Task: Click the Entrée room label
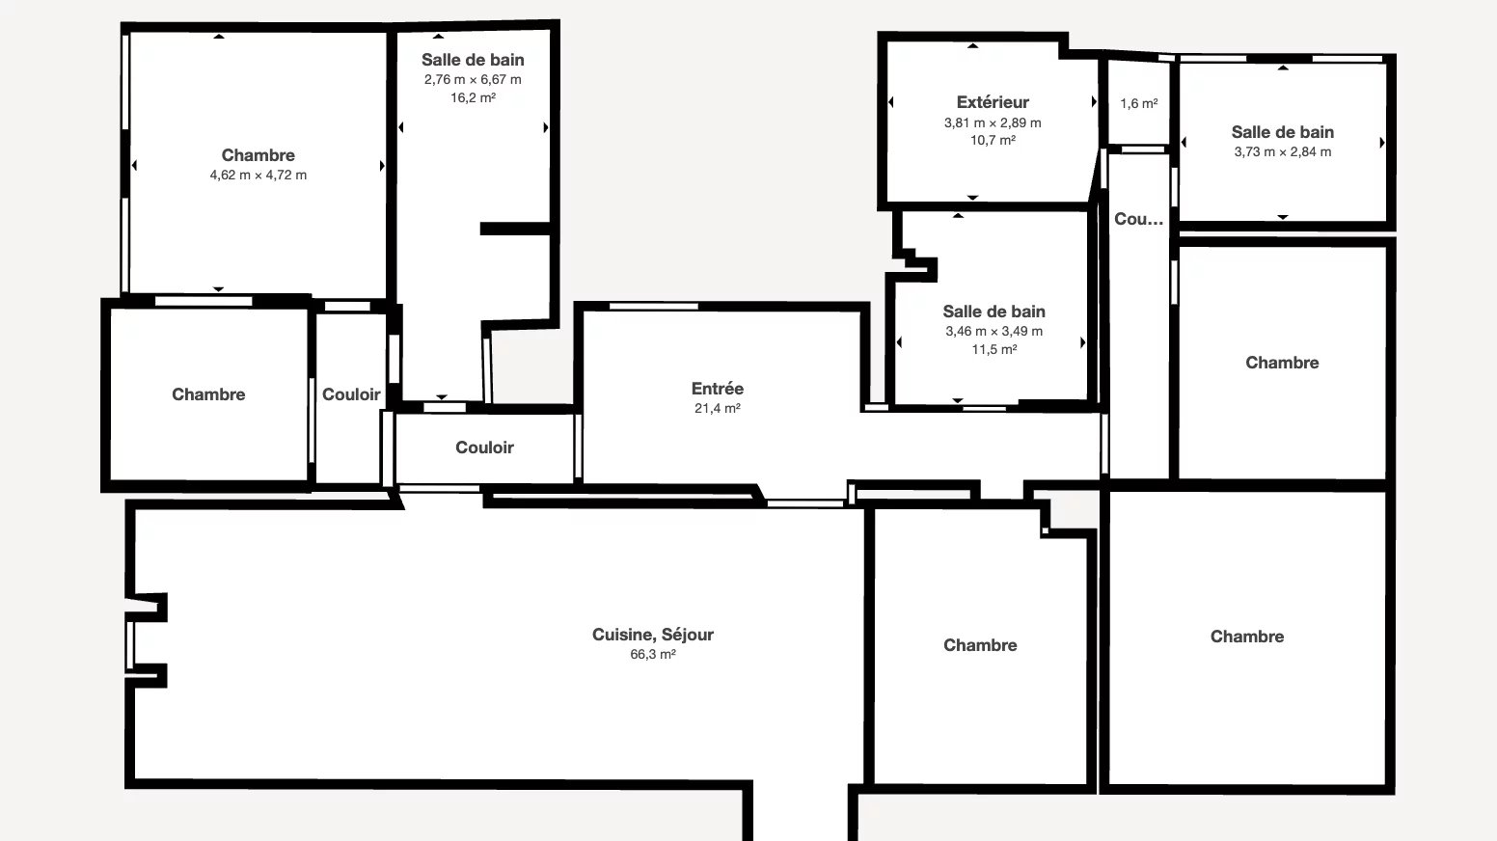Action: click(x=717, y=389)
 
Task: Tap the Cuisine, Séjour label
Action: click(x=653, y=635)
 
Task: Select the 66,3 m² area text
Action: click(x=653, y=655)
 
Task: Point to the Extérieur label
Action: click(x=993, y=102)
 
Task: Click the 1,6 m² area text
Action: click(x=1139, y=103)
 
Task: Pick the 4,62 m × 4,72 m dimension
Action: click(x=258, y=175)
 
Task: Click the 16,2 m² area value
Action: click(x=473, y=97)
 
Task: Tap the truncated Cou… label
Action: click(x=1138, y=219)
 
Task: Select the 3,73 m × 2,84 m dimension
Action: click(x=1283, y=151)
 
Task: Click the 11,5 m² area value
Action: click(x=993, y=349)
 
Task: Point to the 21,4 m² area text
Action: click(x=717, y=408)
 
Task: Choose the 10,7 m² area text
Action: click(x=993, y=140)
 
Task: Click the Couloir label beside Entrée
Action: click(x=484, y=448)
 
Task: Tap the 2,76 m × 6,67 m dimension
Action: click(x=473, y=79)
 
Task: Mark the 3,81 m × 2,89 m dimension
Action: click(x=993, y=122)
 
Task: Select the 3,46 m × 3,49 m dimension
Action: click(x=993, y=332)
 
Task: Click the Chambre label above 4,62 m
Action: click(x=258, y=155)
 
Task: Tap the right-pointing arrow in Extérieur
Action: click(x=1094, y=101)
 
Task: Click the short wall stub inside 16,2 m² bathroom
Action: click(x=515, y=229)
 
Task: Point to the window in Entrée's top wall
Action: click(x=654, y=307)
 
